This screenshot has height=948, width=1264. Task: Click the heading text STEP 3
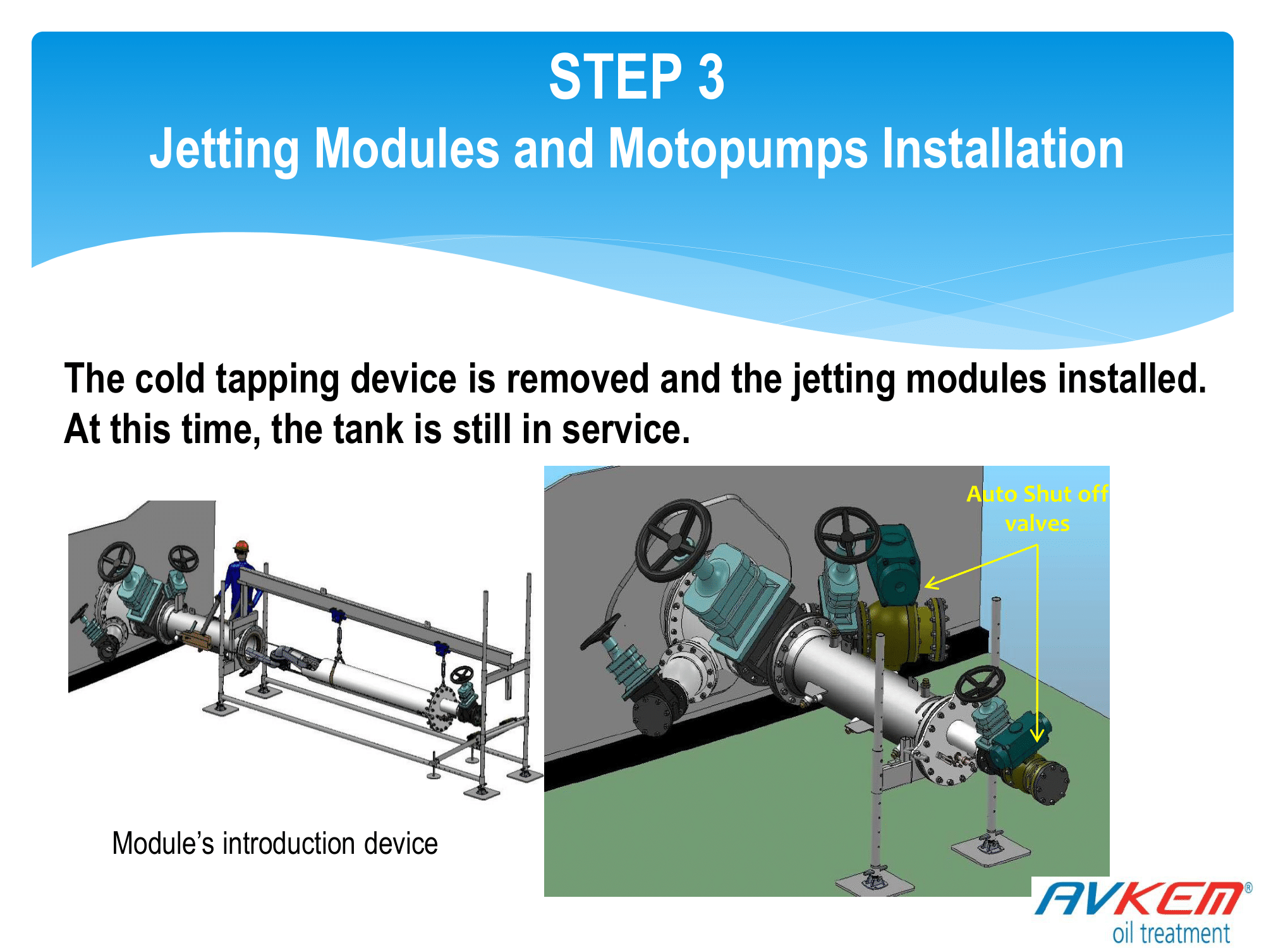coord(636,76)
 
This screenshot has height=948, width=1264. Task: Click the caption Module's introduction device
coord(275,843)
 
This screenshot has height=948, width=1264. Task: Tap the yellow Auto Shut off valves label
coord(1037,508)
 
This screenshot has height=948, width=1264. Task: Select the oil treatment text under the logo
coord(1171,933)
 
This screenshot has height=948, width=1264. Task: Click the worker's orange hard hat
coord(241,546)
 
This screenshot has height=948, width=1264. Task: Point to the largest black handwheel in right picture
coord(673,541)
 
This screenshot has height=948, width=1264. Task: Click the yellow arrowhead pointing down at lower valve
coord(1036,734)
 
